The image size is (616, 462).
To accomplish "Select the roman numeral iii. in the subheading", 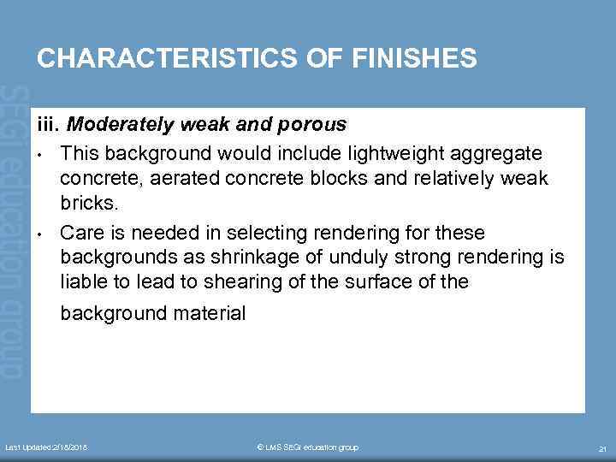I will [x=49, y=125].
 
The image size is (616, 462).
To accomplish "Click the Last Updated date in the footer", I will [x=47, y=447].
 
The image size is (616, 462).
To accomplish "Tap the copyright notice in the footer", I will [x=307, y=447].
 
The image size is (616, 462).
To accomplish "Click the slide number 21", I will [x=601, y=448].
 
